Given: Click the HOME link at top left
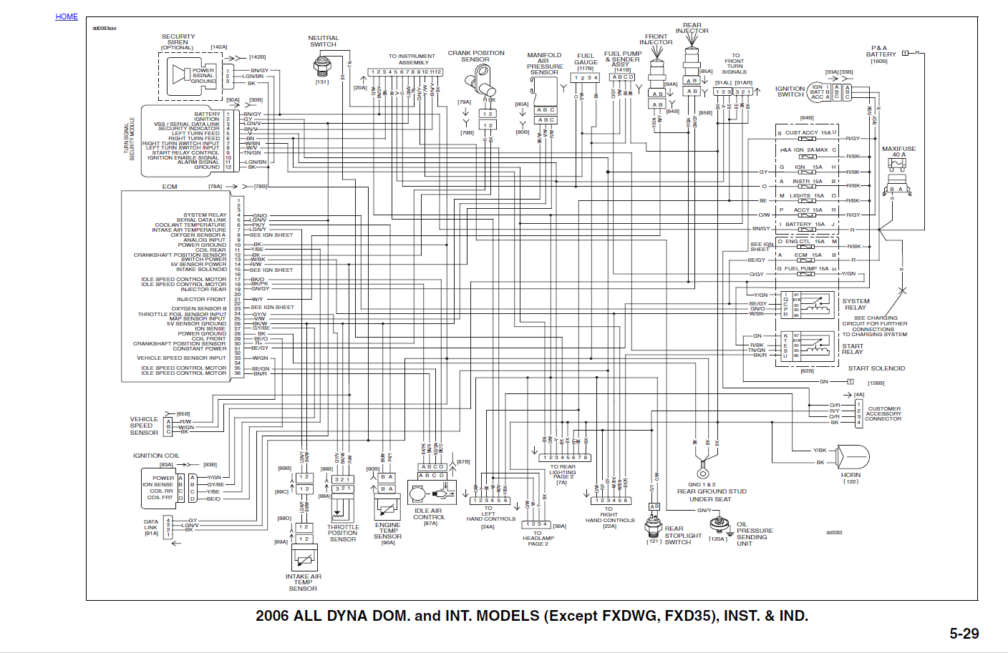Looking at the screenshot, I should pyautogui.click(x=67, y=16).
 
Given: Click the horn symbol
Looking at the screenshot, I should pyautogui.click(x=852, y=456).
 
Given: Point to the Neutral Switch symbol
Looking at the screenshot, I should pyautogui.click(x=323, y=66).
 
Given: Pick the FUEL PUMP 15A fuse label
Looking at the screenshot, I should pyautogui.click(x=805, y=269).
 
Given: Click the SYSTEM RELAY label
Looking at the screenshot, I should pyautogui.click(x=856, y=304).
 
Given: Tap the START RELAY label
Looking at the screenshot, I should pyautogui.click(x=852, y=349).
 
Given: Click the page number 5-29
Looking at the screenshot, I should pyautogui.click(x=964, y=633).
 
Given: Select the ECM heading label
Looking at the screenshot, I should pyautogui.click(x=170, y=187).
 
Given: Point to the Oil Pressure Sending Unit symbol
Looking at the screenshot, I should pyautogui.click(x=719, y=526).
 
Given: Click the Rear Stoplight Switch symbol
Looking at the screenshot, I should pyautogui.click(x=653, y=526).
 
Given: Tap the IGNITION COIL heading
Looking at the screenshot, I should pyautogui.click(x=156, y=456).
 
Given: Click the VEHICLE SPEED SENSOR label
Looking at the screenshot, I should pyautogui.click(x=144, y=426).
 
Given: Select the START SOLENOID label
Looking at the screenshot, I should pyautogui.click(x=876, y=368).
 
